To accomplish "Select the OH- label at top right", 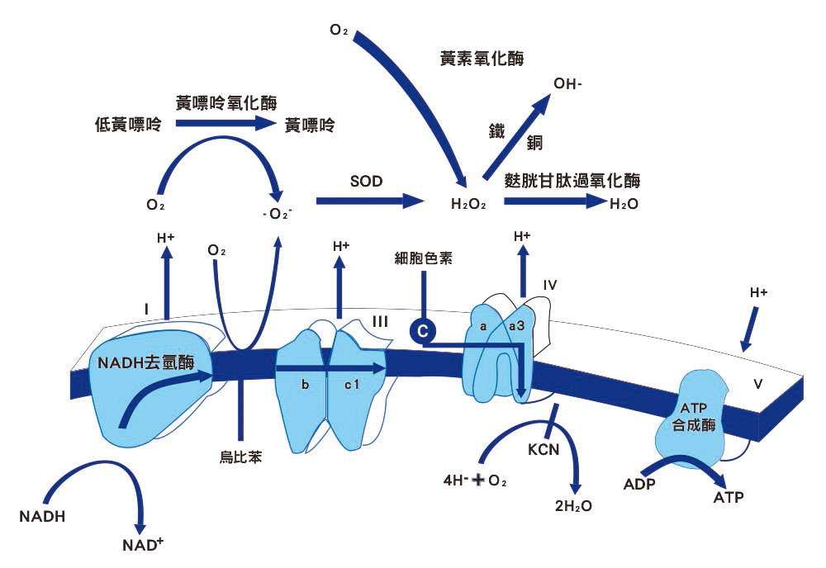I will pos(568,83).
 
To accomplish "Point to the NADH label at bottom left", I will pos(42,517).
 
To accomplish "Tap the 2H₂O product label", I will pos(573,506).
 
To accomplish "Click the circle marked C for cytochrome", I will pos(421,330).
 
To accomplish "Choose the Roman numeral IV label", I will pos(552,286).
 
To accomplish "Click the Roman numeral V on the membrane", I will pos(759,383).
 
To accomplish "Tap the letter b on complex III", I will pos(306,385).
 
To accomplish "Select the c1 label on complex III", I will pos(353,385).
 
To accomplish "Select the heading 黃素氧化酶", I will pos(483,59).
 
